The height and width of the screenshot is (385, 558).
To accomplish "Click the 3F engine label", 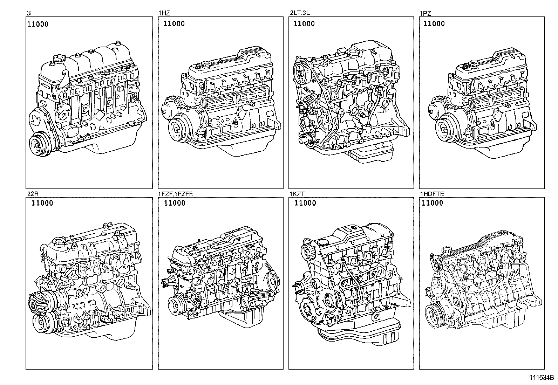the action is pyautogui.click(x=30, y=13).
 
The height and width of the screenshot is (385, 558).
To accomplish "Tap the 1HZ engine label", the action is pyautogui.click(x=164, y=13).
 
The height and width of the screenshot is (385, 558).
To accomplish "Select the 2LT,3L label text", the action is pyautogui.click(x=300, y=13).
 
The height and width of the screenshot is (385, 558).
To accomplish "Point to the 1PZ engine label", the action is pyautogui.click(x=425, y=13).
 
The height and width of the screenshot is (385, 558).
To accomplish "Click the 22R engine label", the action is pyautogui.click(x=33, y=194).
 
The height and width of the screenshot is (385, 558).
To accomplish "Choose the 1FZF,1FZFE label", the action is pyautogui.click(x=176, y=194).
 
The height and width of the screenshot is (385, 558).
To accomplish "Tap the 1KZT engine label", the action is pyautogui.click(x=297, y=194).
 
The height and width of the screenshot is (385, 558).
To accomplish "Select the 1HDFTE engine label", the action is pyautogui.click(x=432, y=194).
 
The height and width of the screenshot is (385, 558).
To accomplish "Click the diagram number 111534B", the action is pyautogui.click(x=541, y=378).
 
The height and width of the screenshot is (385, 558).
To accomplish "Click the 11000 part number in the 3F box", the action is pyautogui.click(x=38, y=24).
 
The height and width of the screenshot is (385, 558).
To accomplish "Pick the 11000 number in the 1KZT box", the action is pyautogui.click(x=305, y=203).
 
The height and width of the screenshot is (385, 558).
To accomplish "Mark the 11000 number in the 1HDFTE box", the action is pyautogui.click(x=433, y=203).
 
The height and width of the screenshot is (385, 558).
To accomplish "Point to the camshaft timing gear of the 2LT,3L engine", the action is pyautogui.click(x=301, y=72).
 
